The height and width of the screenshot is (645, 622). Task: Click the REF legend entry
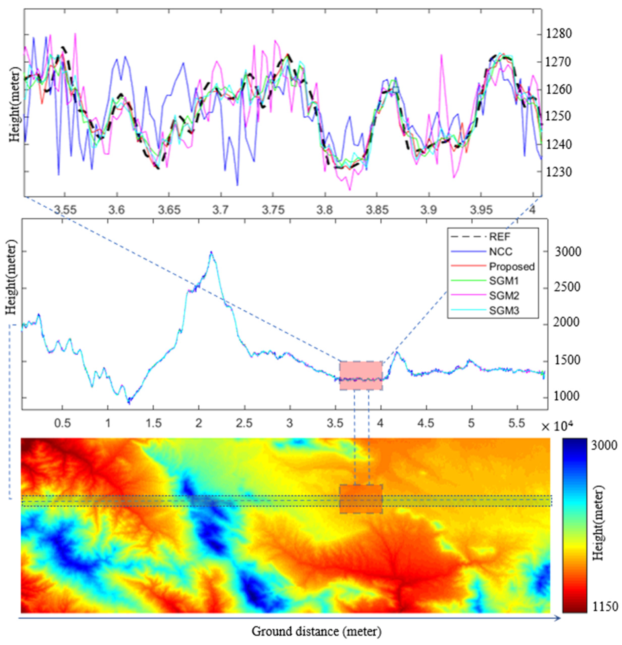[499, 237]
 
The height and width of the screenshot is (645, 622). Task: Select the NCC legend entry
[501, 252]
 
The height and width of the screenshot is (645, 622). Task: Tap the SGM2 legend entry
[504, 296]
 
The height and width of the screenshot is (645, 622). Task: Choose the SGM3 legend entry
[504, 310]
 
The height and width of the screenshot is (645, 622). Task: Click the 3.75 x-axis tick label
[273, 209]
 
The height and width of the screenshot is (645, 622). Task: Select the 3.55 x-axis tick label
[65, 209]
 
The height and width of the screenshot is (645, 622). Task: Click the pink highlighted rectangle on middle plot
[361, 375]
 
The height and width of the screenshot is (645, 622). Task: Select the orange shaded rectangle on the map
[361, 499]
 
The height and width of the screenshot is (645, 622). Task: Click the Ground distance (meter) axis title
[317, 631]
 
